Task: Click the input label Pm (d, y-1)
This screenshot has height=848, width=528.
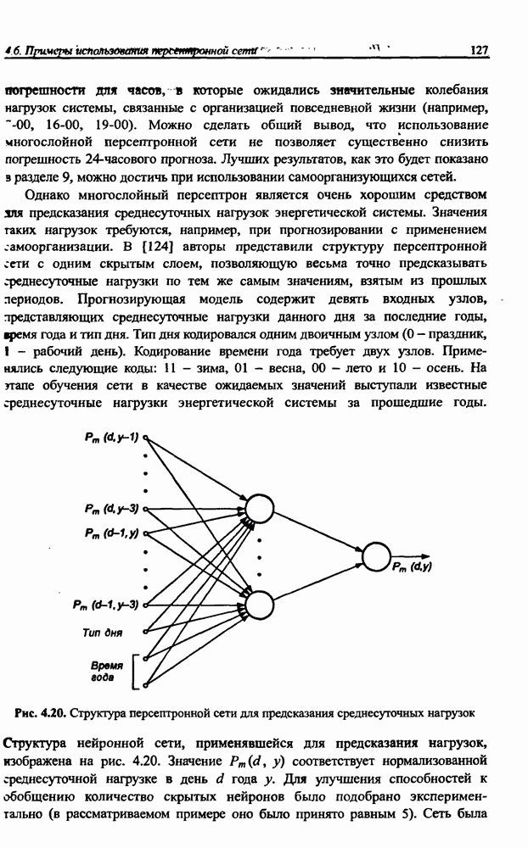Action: (111, 437)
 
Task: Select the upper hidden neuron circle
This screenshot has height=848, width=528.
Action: (261, 510)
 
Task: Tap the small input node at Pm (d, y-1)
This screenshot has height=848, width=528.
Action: (146, 438)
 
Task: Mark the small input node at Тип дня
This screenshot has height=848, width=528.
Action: (146, 632)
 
